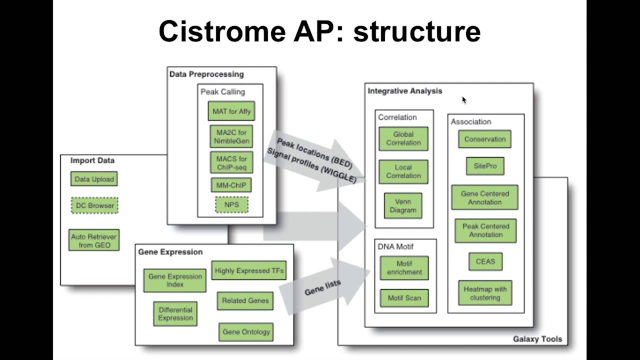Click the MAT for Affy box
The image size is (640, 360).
[231, 111]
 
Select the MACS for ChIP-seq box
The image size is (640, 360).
[231, 162]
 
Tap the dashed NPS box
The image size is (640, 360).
[231, 204]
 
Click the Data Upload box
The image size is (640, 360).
[94, 179]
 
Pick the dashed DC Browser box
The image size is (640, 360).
[94, 205]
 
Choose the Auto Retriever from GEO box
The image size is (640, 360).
[94, 240]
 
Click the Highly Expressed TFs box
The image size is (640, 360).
[249, 271]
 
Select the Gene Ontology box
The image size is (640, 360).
[246, 332]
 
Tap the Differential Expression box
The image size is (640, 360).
[175, 313]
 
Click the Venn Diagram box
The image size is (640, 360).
[403, 206]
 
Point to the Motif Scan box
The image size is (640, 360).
[404, 298]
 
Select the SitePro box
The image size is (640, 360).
[485, 166]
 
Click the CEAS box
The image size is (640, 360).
[485, 261]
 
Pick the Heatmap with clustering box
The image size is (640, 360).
[485, 293]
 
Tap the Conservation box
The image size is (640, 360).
[484, 139]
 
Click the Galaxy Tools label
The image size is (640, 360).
[537, 339]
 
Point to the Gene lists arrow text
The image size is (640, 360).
[322, 287]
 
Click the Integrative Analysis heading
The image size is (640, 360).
[404, 91]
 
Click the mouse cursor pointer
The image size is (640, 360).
[464, 100]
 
